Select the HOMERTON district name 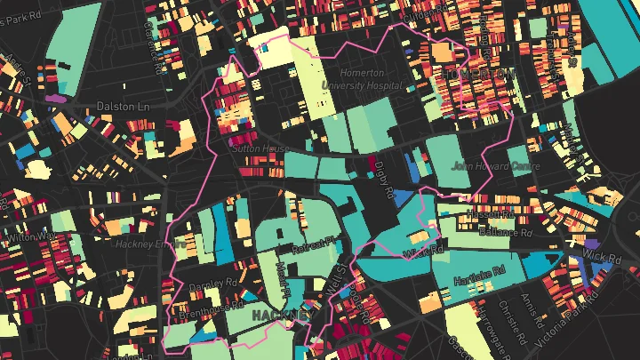[480, 72]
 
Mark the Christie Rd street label [526, 317]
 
